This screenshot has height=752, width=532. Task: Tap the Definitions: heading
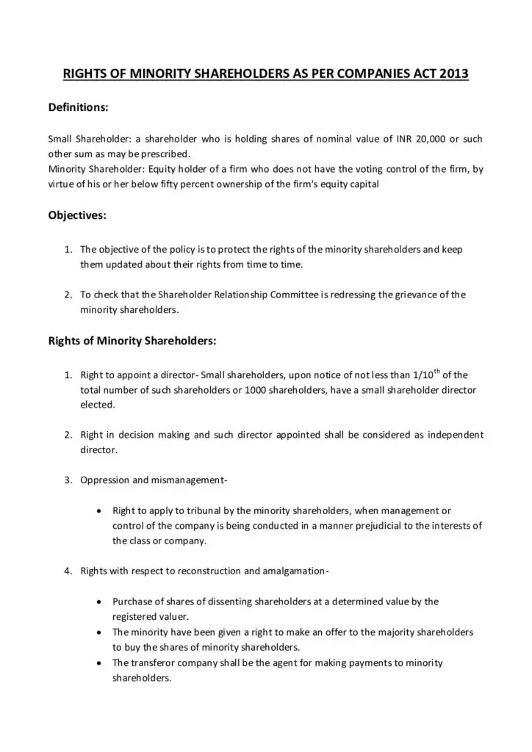pos(79,107)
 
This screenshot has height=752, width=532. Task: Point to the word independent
pos(455,435)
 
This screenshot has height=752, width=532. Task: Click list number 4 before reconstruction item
pos(66,571)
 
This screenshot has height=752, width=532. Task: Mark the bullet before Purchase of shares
pos(98,601)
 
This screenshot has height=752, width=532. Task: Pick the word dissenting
pos(209,601)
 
